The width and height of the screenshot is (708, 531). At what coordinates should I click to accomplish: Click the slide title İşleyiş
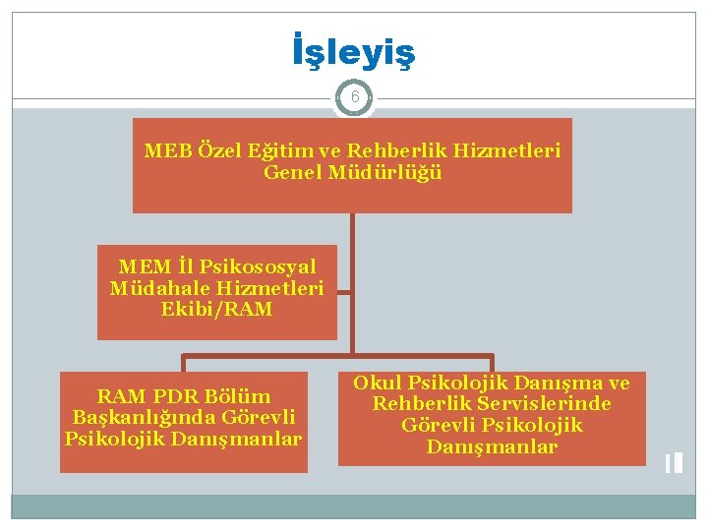354,52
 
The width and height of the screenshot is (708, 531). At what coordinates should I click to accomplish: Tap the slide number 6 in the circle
354,97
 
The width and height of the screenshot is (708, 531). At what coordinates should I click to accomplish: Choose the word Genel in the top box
294,173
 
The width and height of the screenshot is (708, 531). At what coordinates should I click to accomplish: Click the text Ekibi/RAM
217,309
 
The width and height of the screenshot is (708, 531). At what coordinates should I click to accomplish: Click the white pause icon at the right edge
673,462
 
